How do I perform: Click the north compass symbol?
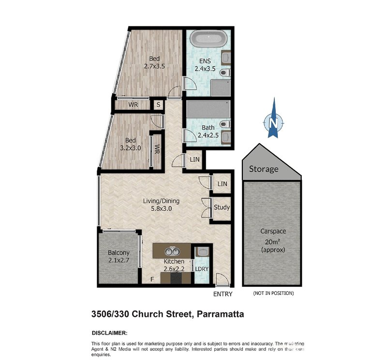coord(273,121)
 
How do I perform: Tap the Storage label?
coord(264,169)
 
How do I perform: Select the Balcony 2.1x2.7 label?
coord(119,256)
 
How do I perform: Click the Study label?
coord(222,208)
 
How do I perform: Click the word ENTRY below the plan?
coord(223,294)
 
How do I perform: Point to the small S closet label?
coord(158,105)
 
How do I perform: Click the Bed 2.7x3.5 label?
coord(154,63)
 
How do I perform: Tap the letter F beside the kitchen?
coord(152,279)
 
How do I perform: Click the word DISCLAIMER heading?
coord(109,333)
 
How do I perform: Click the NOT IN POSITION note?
coord(273,294)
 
